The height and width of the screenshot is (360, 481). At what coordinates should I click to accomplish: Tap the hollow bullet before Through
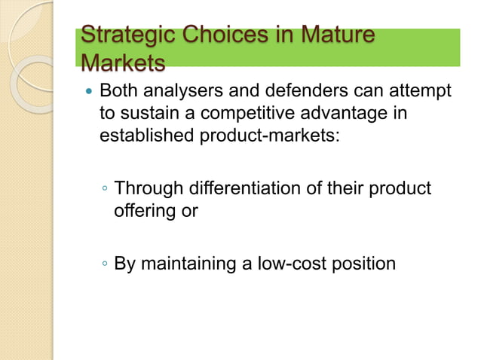tap(105, 188)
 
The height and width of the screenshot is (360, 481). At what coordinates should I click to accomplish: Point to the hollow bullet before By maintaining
tap(105, 264)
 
